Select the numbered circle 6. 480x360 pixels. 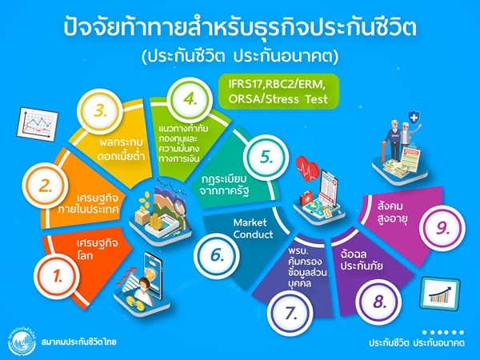217,256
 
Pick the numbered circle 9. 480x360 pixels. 442,229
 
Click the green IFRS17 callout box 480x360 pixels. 278,91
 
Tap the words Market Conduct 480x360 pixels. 253,228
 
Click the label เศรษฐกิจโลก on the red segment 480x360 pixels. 97,249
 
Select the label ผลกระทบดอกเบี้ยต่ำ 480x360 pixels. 121,150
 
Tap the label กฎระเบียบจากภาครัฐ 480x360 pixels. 224,185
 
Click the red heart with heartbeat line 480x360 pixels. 307,168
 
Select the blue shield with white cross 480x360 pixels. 414,118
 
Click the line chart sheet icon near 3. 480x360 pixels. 38,124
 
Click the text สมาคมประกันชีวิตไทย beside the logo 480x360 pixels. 78,342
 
